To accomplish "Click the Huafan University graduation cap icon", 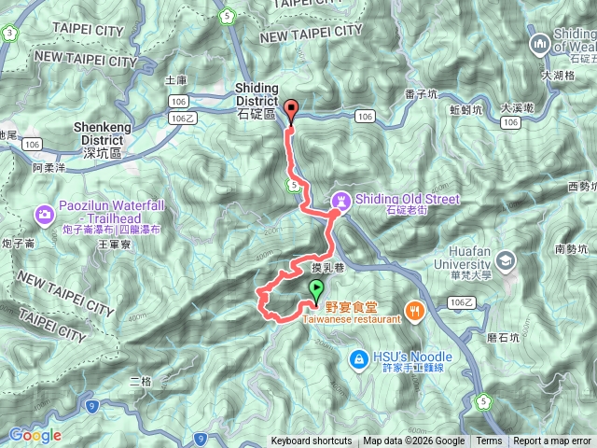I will pyautogui.click(x=507, y=259).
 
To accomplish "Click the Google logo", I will pyautogui.click(x=35, y=435).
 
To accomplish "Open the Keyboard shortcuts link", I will pyautogui.click(x=312, y=441).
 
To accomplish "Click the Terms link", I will pyautogui.click(x=489, y=441).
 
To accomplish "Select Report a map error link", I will pyautogui.click(x=551, y=441).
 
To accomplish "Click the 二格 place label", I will pyautogui.click(x=141, y=381).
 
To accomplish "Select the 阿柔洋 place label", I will pyautogui.click(x=49, y=168).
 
